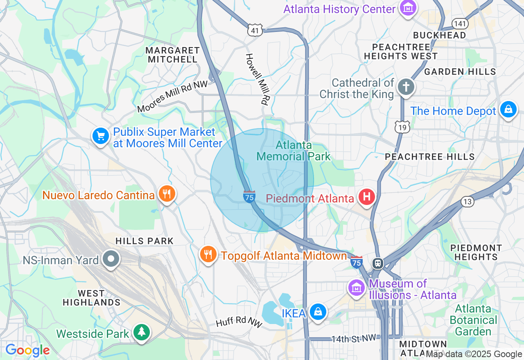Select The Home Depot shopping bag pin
[x=508, y=110]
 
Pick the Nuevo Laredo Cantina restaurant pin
[x=166, y=194]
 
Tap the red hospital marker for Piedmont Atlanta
[x=367, y=197]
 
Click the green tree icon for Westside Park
[x=142, y=332]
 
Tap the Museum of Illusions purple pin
[x=356, y=288]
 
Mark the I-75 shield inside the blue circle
[x=249, y=197]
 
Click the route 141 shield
[x=460, y=23]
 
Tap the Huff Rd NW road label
[x=239, y=322]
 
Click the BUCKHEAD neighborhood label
[x=440, y=35]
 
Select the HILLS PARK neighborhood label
[x=145, y=241]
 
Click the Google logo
[x=27, y=351]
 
